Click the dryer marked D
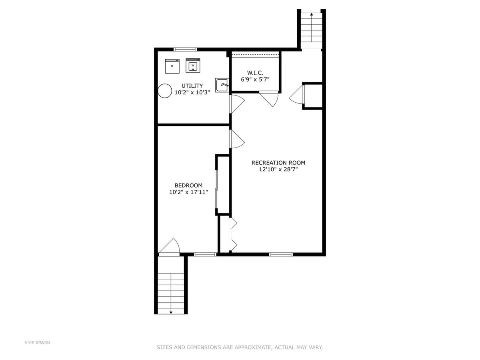coord(172,66)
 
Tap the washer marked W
coord(193,65)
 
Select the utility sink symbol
coord(222,85)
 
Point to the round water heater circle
coord(165,91)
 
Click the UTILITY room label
coord(192,86)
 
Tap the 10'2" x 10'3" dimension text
coord(192,92)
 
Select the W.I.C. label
coord(255,72)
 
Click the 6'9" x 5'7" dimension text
coord(255,79)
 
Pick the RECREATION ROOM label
coord(278,163)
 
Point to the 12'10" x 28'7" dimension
coord(278,169)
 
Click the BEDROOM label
coord(188,185)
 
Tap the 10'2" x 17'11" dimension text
coord(188,192)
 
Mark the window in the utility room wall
coord(185,49)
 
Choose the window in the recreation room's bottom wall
coord(281,254)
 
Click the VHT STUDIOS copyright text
coord(37,342)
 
